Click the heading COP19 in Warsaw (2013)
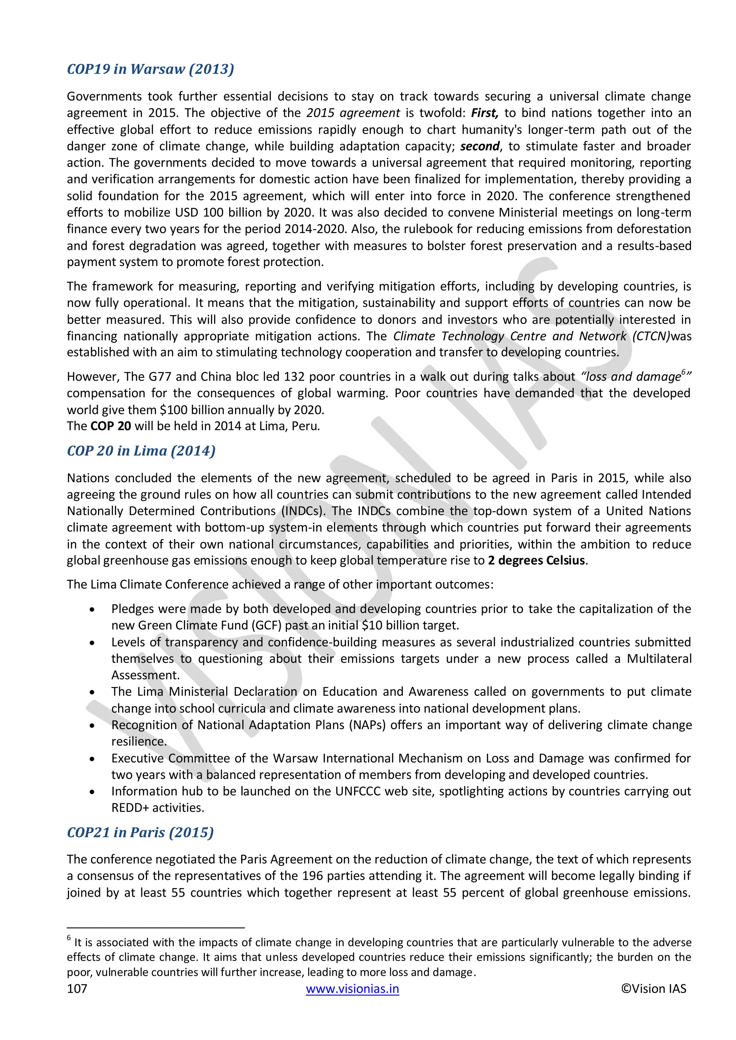151,69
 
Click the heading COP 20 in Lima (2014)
141,451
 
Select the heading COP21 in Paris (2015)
140,832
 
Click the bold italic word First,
484,113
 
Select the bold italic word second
480,146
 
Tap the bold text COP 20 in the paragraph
111,426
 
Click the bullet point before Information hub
92,792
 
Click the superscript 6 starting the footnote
69,937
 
